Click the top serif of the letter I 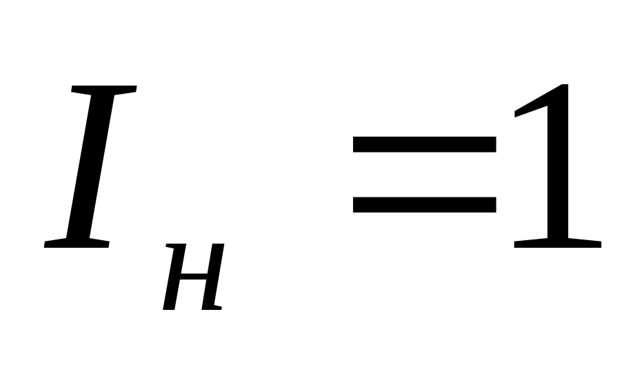[103, 90]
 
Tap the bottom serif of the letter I [76, 243]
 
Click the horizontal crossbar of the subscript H [192, 277]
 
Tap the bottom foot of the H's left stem [170, 307]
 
